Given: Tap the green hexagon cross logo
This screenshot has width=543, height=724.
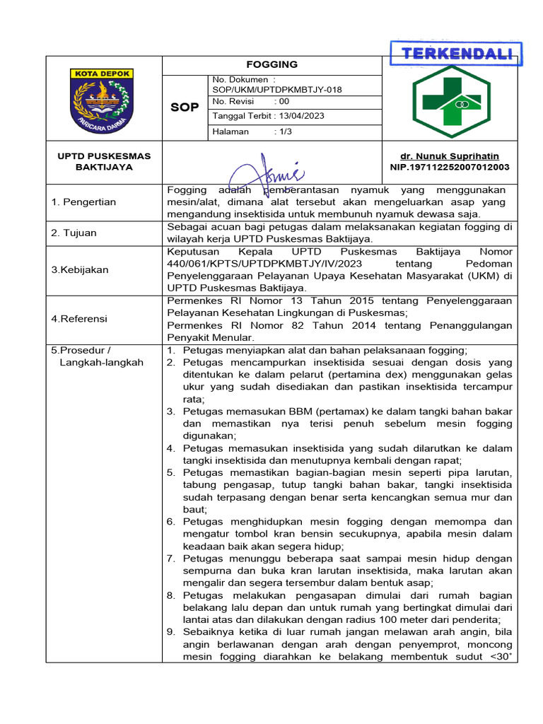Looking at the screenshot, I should coord(450,102).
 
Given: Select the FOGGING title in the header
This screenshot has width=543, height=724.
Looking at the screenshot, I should coord(272,64).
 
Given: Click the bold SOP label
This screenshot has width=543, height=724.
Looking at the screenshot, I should coord(185,107).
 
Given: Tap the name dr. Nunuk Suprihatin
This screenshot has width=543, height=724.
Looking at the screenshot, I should coord(450,156).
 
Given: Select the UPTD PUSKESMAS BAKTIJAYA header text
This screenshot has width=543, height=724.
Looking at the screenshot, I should coord(104,161).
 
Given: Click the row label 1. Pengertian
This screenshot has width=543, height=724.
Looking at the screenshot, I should coord(84,202).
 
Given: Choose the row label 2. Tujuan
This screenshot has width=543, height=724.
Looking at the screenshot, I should coord(74,233).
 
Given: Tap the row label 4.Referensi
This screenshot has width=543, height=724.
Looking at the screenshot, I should coord(79,319).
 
